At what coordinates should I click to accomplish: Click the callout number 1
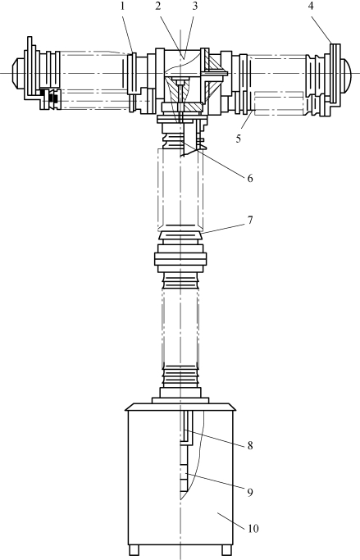pyautogui.click(x=122, y=7)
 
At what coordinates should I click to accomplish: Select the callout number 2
pyautogui.click(x=158, y=7)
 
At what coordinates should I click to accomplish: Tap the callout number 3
pyautogui.click(x=194, y=7)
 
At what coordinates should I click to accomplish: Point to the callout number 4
pyautogui.click(x=311, y=6)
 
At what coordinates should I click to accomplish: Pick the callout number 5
pyautogui.click(x=239, y=139)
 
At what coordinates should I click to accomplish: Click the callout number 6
pyautogui.click(x=250, y=178)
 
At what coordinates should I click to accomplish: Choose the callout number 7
pyautogui.click(x=250, y=220)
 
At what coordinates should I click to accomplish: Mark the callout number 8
pyautogui.click(x=250, y=445)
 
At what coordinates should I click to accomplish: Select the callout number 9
pyautogui.click(x=250, y=492)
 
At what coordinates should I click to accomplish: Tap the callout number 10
pyautogui.click(x=253, y=528)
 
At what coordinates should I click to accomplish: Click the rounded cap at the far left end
pyautogui.click(x=18, y=73)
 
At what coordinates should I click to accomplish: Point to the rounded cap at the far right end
pyautogui.click(x=346, y=74)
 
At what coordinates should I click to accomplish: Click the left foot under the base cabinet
pyautogui.click(x=134, y=550)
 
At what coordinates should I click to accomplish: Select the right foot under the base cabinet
pyautogui.click(x=226, y=550)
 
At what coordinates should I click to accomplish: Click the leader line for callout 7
pyautogui.click(x=222, y=229)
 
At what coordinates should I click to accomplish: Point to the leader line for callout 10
pyautogui.click(x=230, y=520)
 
